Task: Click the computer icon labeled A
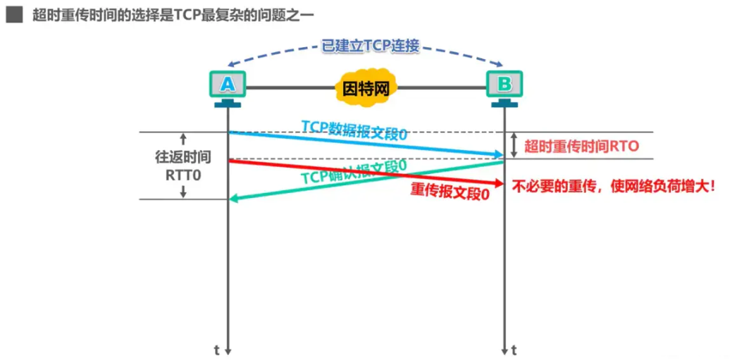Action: click(228, 89)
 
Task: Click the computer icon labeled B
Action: click(504, 89)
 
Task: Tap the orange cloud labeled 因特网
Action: click(366, 88)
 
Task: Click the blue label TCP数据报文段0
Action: click(354, 130)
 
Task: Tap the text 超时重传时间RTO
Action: click(582, 147)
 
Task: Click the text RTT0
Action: click(183, 174)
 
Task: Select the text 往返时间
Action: click(182, 157)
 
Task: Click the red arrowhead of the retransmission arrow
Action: click(498, 183)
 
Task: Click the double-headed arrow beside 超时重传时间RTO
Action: click(514, 145)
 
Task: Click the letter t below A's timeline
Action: click(217, 349)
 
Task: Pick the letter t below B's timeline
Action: click(514, 349)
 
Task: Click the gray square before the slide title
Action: click(14, 15)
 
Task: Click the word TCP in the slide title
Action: click(187, 15)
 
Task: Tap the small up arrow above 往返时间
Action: click(183, 139)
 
